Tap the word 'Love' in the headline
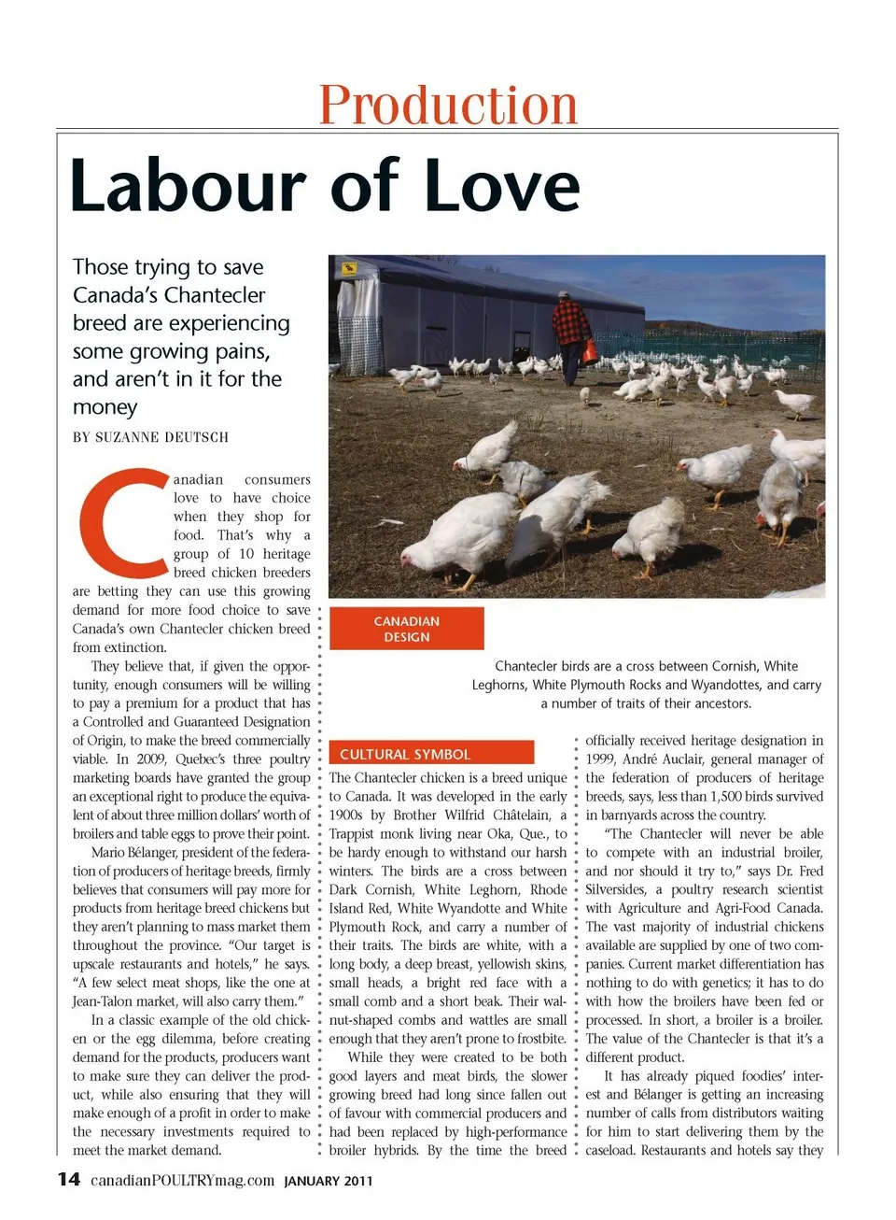click(502, 186)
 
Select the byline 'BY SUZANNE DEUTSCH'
click(150, 437)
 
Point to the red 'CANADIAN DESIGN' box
click(406, 629)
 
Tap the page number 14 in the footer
click(69, 1179)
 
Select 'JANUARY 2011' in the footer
click(329, 1181)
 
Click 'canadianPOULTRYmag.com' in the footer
click(182, 1180)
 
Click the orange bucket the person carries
click(590, 352)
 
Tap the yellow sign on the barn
click(350, 269)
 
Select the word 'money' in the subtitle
click(105, 407)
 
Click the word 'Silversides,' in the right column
click(616, 889)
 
